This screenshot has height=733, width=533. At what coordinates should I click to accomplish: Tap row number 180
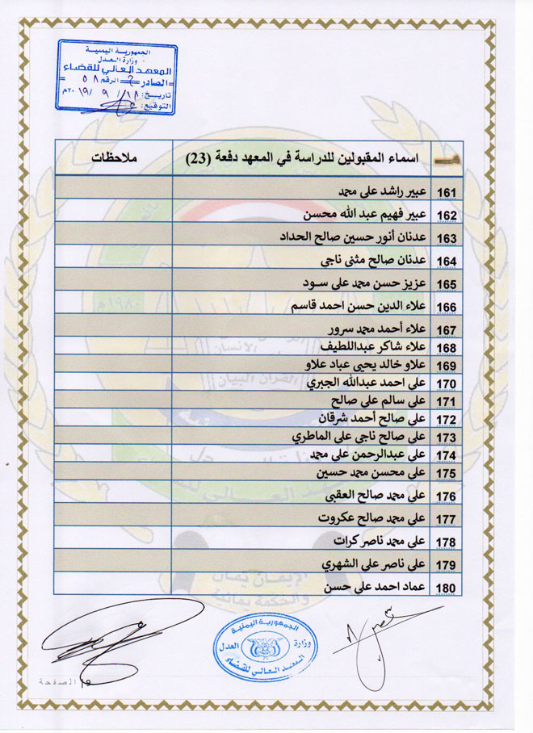pyautogui.click(x=447, y=588)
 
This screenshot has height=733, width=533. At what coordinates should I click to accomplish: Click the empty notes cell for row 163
pyautogui.click(x=113, y=238)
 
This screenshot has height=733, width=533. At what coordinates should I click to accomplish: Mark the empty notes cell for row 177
pyautogui.click(x=113, y=517)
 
